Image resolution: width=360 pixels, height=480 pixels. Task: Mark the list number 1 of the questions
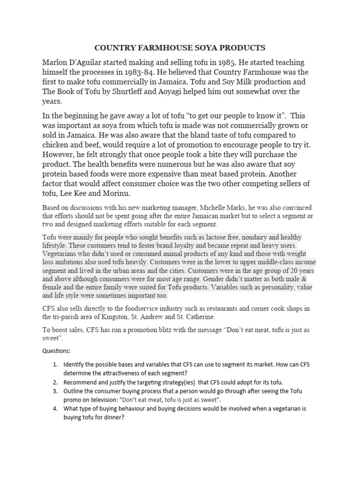[55, 364]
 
